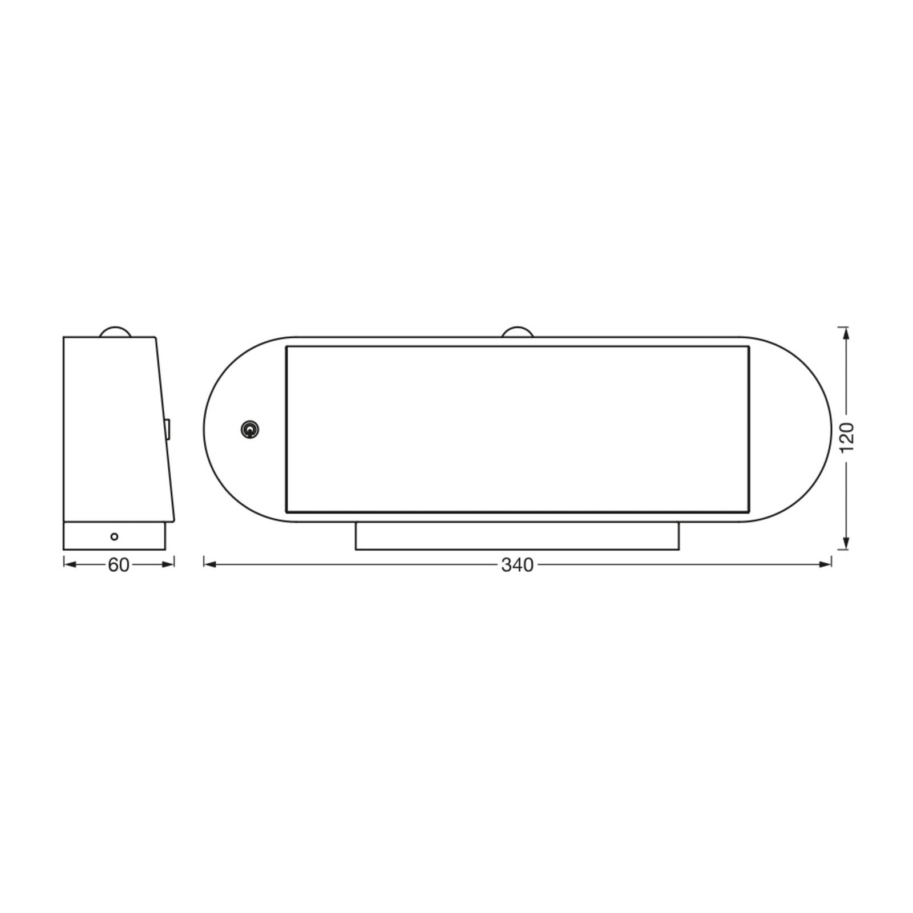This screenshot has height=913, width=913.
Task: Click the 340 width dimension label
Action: click(x=517, y=565)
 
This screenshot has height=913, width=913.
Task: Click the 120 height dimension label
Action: click(x=846, y=438)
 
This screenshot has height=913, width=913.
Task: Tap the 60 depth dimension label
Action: click(x=119, y=565)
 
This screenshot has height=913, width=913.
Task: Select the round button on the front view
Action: click(x=250, y=430)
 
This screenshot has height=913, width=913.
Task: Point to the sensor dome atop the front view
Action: click(x=517, y=332)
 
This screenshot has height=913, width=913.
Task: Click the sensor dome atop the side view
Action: click(x=115, y=332)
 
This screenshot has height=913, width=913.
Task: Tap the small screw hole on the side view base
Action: click(x=114, y=536)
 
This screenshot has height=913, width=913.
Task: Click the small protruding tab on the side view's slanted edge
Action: click(x=168, y=430)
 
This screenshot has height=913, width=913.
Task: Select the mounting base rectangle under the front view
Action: click(x=517, y=536)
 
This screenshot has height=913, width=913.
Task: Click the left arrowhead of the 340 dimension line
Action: click(x=209, y=565)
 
